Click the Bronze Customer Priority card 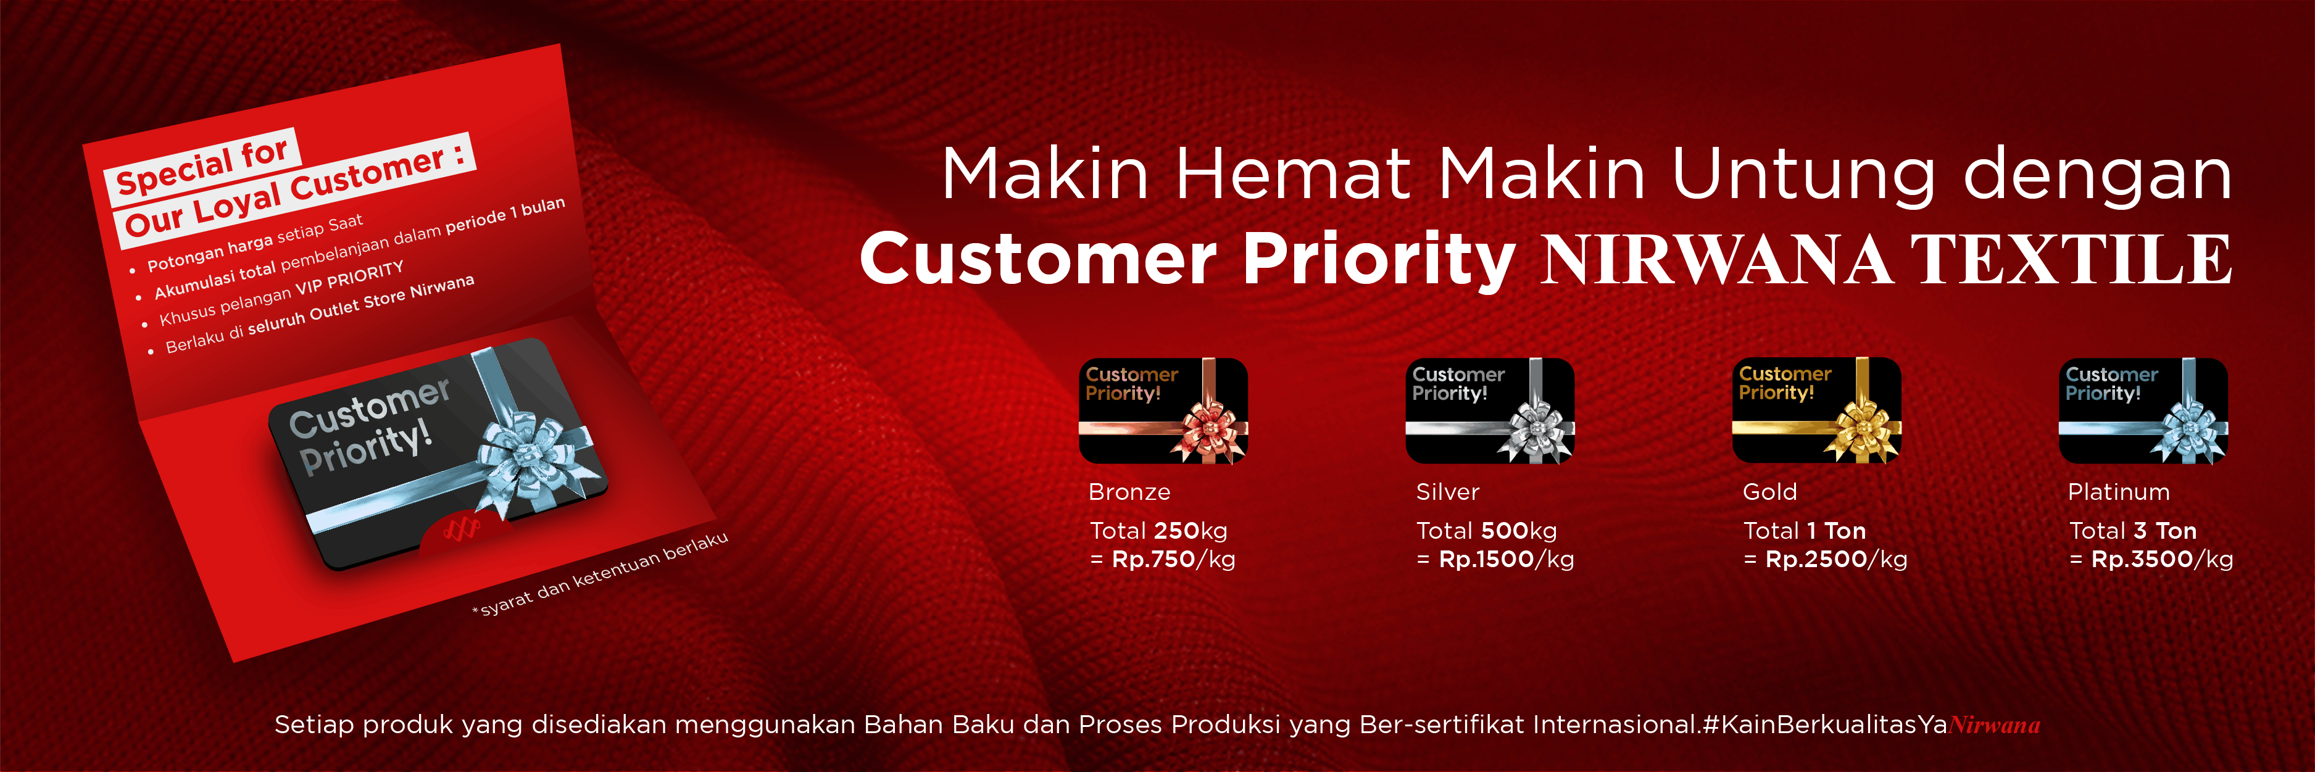pyautogui.click(x=1163, y=411)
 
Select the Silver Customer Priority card pyautogui.click(x=1489, y=411)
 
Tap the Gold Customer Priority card pyautogui.click(x=1816, y=411)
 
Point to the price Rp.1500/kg pyautogui.click(x=1506, y=560)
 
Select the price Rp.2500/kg pyautogui.click(x=1836, y=560)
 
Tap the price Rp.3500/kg pyautogui.click(x=2162, y=560)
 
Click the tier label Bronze pyautogui.click(x=1129, y=492)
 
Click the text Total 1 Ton pyautogui.click(x=1805, y=531)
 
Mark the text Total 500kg pyautogui.click(x=1486, y=531)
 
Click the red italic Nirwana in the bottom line pyautogui.click(x=1994, y=725)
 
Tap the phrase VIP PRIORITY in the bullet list pyautogui.click(x=349, y=280)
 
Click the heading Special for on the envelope pyautogui.click(x=202, y=165)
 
